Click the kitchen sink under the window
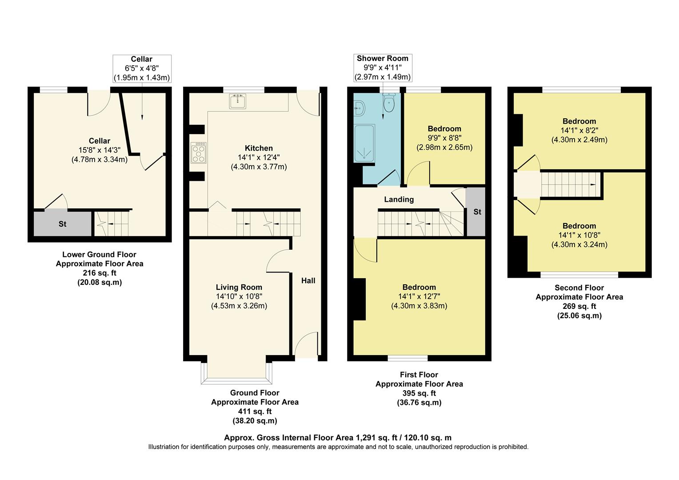coord(238,101)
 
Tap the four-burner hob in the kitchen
coord(199,153)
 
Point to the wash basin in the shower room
coord(359,107)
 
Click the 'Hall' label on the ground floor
coord(308,280)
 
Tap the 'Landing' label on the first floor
coord(399,200)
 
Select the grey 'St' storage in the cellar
coord(63,224)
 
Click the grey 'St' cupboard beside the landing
coord(476,212)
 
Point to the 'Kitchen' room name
coord(259,148)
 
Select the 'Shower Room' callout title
coord(382,59)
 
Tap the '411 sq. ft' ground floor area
coord(255,411)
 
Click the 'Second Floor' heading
coord(579,288)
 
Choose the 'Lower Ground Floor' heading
coord(99,255)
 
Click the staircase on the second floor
coord(569,184)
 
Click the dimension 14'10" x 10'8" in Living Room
coord(239,296)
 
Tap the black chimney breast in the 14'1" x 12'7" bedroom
coord(359,299)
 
